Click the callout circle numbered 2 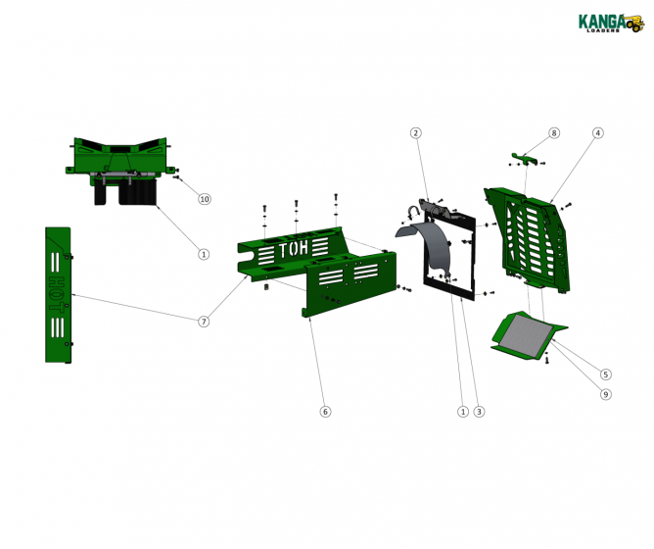(415, 132)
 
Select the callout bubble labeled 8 (553, 132)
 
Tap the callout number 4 (597, 132)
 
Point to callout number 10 (204, 199)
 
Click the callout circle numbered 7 (204, 322)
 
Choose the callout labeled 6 (325, 412)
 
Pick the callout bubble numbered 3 (479, 412)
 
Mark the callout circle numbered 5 (606, 374)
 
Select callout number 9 (606, 394)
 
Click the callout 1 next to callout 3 (462, 412)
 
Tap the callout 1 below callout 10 (204, 254)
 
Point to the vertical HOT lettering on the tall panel (57, 284)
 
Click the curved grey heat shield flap (429, 245)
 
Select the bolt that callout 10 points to (177, 178)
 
